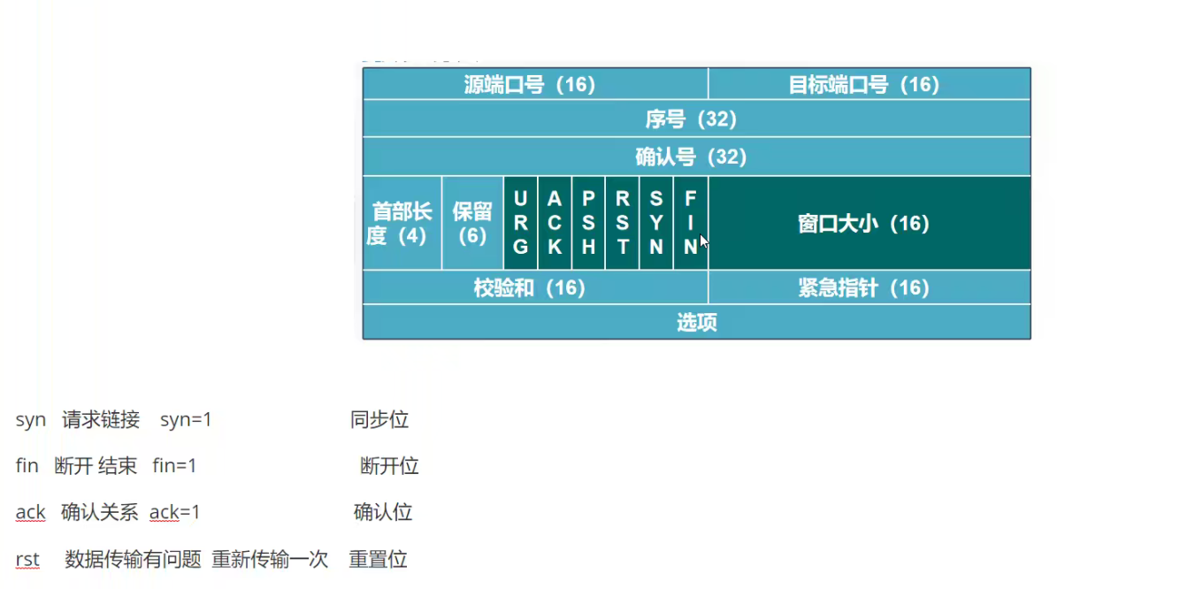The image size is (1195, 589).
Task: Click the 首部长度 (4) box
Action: (x=402, y=223)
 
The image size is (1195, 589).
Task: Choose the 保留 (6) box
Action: (x=472, y=223)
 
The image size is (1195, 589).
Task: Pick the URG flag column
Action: (x=520, y=223)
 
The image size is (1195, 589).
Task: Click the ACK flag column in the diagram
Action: (x=555, y=223)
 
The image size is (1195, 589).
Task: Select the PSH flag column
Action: (x=588, y=223)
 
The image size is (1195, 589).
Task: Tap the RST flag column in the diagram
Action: (x=622, y=223)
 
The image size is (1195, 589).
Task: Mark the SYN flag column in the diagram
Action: (x=656, y=223)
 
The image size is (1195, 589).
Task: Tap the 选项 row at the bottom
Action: (x=696, y=322)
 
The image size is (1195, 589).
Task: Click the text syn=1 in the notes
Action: (x=186, y=420)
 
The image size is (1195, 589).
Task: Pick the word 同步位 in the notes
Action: (x=379, y=420)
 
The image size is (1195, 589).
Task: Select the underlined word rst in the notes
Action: (x=27, y=559)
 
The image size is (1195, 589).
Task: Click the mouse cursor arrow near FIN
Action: (x=703, y=241)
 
